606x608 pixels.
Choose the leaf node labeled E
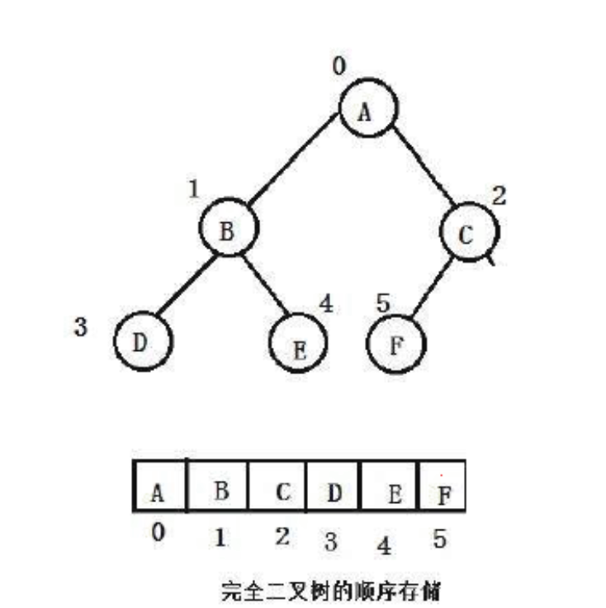click(x=300, y=345)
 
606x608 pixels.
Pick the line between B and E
click(x=266, y=286)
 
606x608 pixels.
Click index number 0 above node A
click(x=339, y=67)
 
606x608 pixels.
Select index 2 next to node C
click(x=499, y=197)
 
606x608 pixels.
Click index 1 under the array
click(x=220, y=538)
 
